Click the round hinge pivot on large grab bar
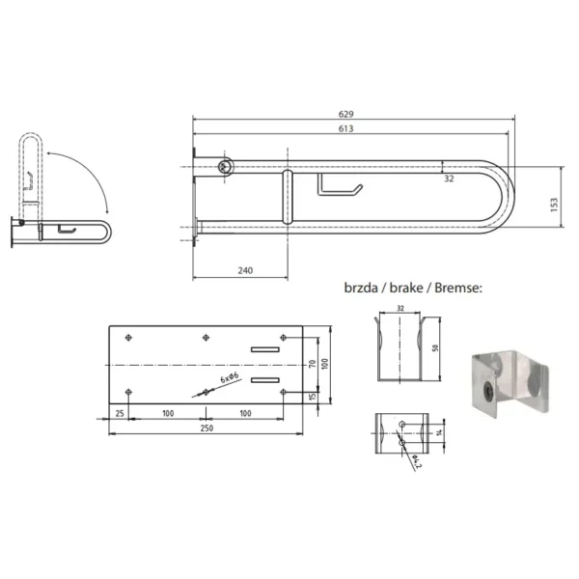[x=225, y=166]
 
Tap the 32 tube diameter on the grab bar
[x=449, y=178]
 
